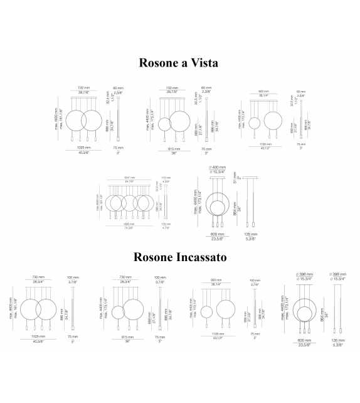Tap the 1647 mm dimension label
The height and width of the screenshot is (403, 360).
130,177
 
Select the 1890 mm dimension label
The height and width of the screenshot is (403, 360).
130,224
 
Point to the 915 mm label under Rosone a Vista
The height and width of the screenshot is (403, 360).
171,148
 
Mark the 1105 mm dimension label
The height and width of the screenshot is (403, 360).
218,334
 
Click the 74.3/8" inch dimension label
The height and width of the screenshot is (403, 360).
130,228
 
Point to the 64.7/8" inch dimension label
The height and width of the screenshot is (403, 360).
130,181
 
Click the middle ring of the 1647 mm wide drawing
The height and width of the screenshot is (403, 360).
130,201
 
